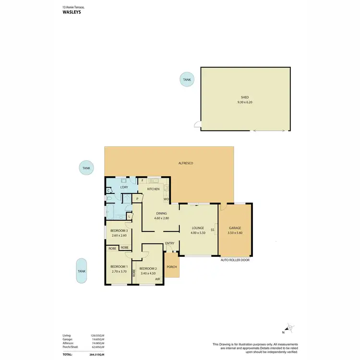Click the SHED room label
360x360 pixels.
click(246, 97)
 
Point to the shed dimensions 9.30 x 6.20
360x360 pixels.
click(246, 102)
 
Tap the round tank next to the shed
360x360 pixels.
click(187, 79)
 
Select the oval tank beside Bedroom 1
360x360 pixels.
click(82, 270)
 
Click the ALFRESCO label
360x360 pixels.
click(185, 164)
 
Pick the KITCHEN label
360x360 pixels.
click(153, 189)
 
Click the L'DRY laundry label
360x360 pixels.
click(124, 187)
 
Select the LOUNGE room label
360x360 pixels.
click(198, 228)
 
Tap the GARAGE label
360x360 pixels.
click(235, 228)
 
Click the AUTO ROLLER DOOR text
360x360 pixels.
click(235, 260)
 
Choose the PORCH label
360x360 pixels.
click(171, 267)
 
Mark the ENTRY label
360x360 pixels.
click(170, 243)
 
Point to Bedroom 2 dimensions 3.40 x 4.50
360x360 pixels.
click(147, 273)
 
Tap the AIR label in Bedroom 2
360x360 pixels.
click(157, 279)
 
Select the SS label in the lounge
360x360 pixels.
click(212, 228)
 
